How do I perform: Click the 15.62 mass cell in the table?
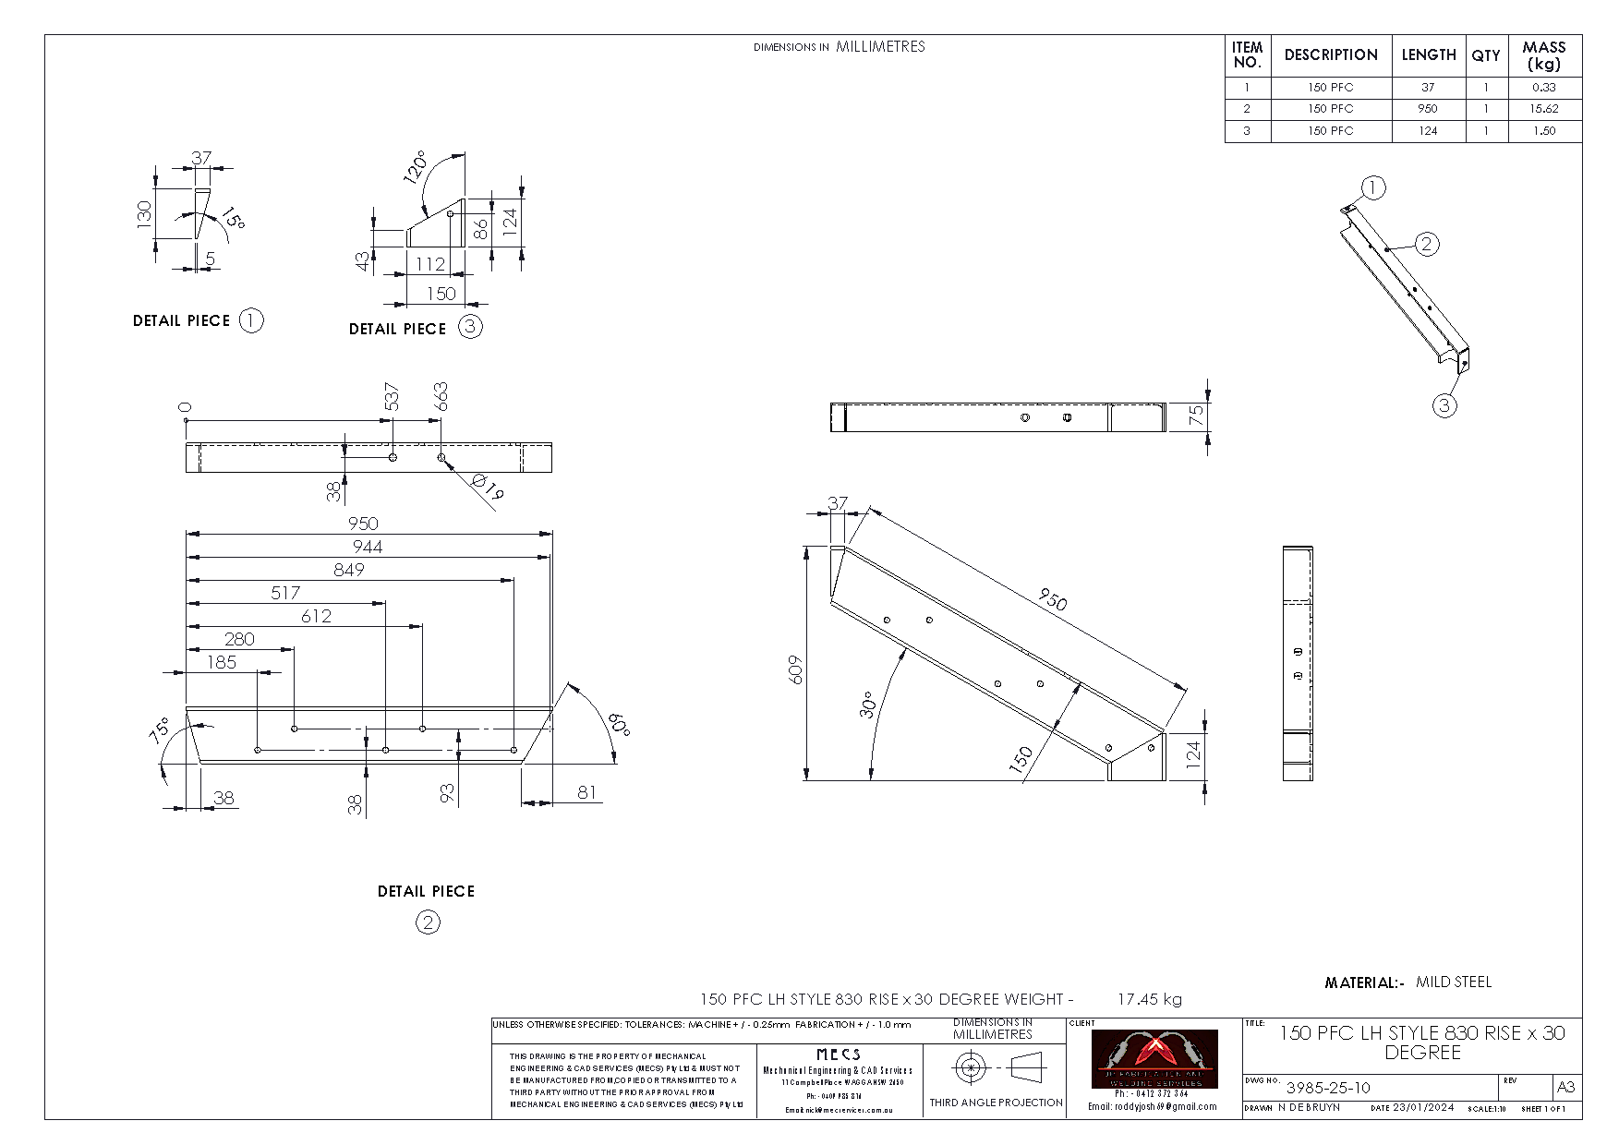pyautogui.click(x=1543, y=109)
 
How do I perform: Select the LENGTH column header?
pyautogui.click(x=1428, y=55)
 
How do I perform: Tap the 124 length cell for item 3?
pyautogui.click(x=1428, y=131)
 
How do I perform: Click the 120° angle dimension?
pyautogui.click(x=415, y=167)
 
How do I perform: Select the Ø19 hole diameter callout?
pyautogui.click(x=486, y=487)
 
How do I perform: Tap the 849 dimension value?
pyautogui.click(x=349, y=570)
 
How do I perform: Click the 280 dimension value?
pyautogui.click(x=239, y=639)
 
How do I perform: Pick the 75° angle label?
pyautogui.click(x=160, y=730)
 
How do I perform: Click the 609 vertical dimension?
pyautogui.click(x=797, y=669)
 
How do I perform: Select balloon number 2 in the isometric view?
pyautogui.click(x=1427, y=244)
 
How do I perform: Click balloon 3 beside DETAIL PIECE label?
pyautogui.click(x=470, y=327)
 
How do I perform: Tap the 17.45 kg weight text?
pyautogui.click(x=1149, y=999)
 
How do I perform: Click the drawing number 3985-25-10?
pyautogui.click(x=1328, y=1088)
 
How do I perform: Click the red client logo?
pyautogui.click(x=1154, y=1058)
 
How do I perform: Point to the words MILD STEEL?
pyautogui.click(x=1454, y=982)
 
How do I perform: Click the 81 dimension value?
pyautogui.click(x=586, y=791)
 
